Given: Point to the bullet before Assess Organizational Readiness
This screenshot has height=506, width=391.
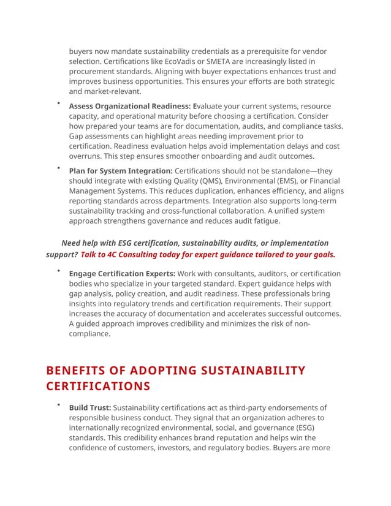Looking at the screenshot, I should click(x=58, y=103).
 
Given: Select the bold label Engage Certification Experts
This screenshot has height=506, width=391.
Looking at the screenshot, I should click(x=122, y=274).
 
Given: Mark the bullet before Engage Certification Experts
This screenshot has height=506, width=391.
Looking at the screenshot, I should click(x=58, y=270).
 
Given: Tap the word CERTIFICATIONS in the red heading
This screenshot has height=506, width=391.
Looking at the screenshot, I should click(x=98, y=386).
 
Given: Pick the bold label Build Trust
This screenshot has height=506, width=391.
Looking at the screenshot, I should click(x=89, y=407).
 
